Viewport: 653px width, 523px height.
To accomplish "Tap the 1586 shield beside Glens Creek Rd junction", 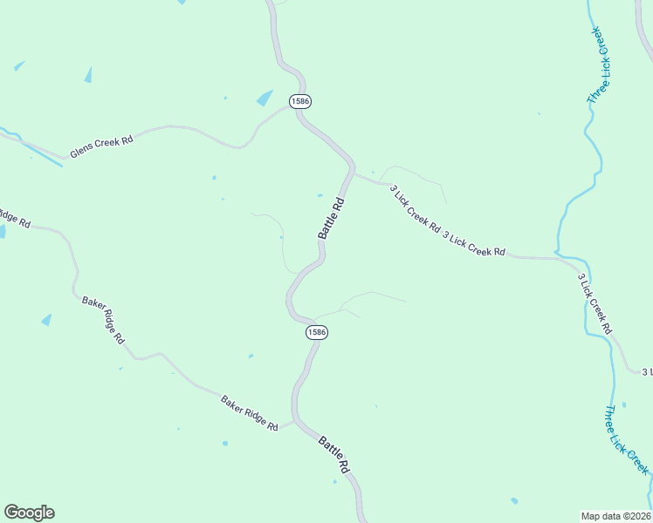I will click(x=300, y=102).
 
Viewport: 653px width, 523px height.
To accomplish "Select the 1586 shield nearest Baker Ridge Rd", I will click(x=317, y=332).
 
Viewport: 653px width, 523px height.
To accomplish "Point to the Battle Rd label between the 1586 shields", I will click(x=332, y=219).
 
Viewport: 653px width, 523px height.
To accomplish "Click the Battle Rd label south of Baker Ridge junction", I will click(x=334, y=454).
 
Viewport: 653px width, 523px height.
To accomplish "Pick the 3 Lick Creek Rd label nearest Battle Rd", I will click(x=415, y=207).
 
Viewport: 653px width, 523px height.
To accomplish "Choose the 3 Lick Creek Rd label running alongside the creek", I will click(x=595, y=304).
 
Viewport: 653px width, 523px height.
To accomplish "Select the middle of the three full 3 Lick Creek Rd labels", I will click(x=474, y=244).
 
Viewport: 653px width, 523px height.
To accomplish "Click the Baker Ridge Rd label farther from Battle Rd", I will click(x=104, y=320).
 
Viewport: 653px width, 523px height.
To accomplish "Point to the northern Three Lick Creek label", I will click(x=601, y=66).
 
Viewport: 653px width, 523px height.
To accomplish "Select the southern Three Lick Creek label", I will click(x=626, y=440).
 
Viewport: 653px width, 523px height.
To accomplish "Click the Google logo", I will click(x=29, y=513).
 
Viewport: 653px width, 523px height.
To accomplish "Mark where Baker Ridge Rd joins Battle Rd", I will click(x=294, y=421).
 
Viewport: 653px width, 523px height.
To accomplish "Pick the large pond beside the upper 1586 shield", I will click(x=265, y=98).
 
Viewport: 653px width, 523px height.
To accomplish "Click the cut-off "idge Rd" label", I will click(x=14, y=217).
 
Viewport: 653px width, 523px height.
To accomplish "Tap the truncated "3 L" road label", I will click(x=647, y=372).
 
